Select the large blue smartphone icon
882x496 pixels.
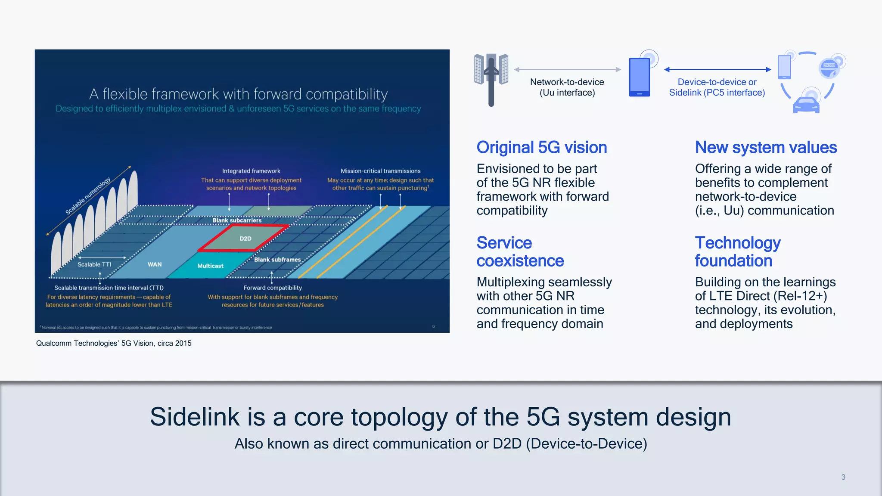pyautogui.click(x=639, y=77)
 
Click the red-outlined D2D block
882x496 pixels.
pyautogui.click(x=244, y=238)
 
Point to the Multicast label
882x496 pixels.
pyautogui.click(x=210, y=266)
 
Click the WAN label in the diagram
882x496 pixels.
pyautogui.click(x=155, y=264)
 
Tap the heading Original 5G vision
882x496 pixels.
pyautogui.click(x=541, y=148)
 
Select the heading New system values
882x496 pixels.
pyautogui.click(x=765, y=148)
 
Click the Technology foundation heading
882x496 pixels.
pyautogui.click(x=737, y=252)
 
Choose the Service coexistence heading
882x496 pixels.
pyautogui.click(x=520, y=252)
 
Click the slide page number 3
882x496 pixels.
pyautogui.click(x=843, y=477)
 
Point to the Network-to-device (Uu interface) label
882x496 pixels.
pyautogui.click(x=567, y=87)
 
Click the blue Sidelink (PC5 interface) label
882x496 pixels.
pyautogui.click(x=717, y=87)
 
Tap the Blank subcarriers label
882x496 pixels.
pyautogui.click(x=237, y=220)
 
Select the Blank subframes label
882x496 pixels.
pyautogui.click(x=277, y=260)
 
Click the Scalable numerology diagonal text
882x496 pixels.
pyautogui.click(x=88, y=196)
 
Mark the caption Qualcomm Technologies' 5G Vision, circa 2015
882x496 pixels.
pyautogui.click(x=114, y=343)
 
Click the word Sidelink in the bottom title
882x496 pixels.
pyautogui.click(x=194, y=417)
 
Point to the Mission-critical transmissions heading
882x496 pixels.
pyautogui.click(x=380, y=171)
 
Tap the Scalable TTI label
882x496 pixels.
pyautogui.click(x=94, y=264)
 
